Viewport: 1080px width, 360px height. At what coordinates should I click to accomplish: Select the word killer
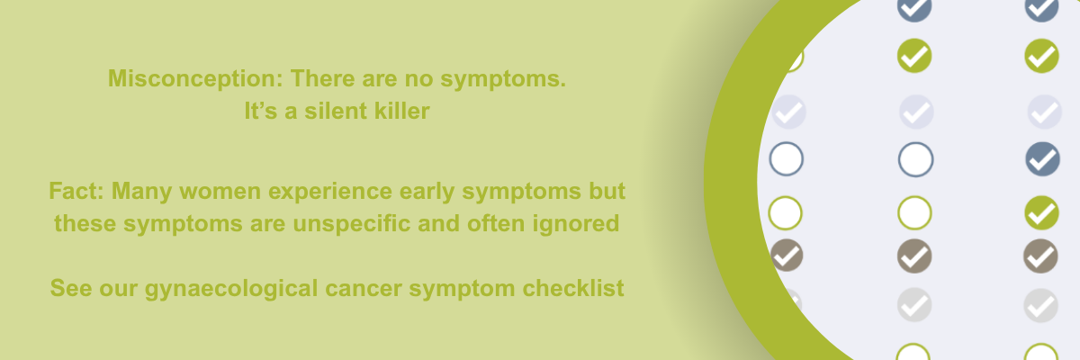(x=402, y=111)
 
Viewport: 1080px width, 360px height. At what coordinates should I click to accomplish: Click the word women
(x=220, y=192)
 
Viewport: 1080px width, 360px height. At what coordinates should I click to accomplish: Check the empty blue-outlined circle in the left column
(x=787, y=159)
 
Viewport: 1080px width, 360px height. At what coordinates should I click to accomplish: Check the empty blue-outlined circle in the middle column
(x=915, y=159)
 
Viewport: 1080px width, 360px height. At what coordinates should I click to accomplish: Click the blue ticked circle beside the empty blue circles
(x=1042, y=159)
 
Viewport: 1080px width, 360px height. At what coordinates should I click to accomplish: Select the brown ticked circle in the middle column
(x=914, y=256)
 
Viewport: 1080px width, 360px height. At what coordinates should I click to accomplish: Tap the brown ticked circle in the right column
(x=1040, y=256)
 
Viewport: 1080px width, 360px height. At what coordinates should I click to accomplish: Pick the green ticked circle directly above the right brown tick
(x=1041, y=212)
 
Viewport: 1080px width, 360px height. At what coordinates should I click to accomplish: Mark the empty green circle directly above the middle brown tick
(x=914, y=212)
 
